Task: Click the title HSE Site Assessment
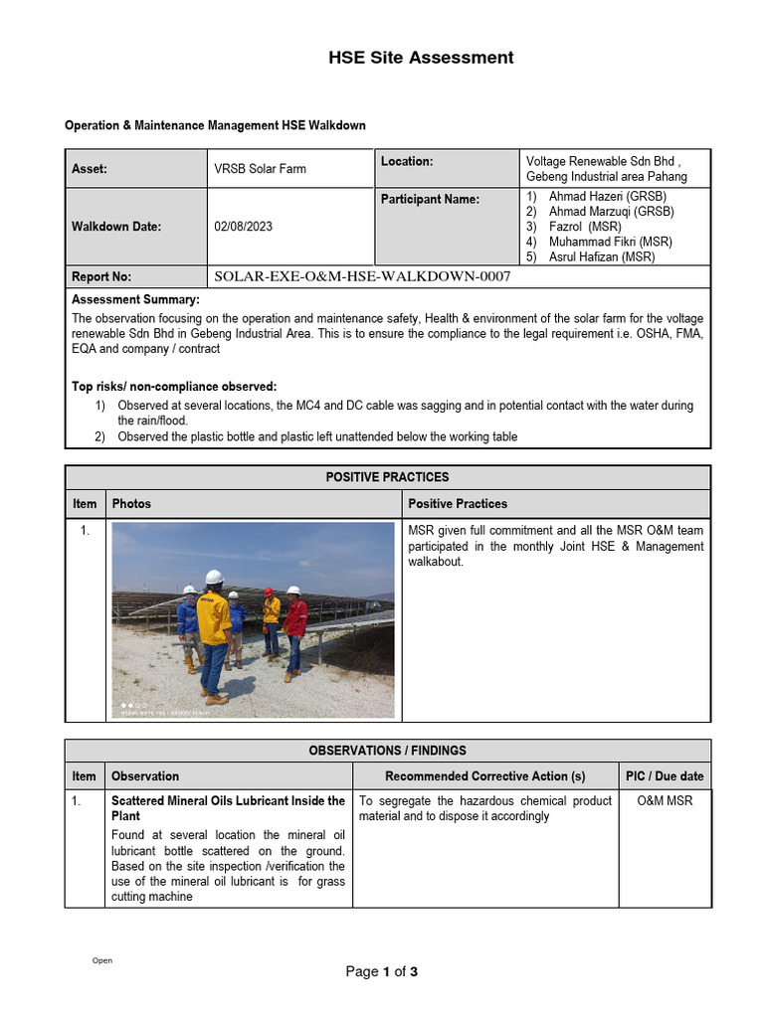pos(421,58)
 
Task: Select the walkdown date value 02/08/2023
pos(243,227)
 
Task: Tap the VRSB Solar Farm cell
pos(260,169)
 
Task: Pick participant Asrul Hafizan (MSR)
pos(602,256)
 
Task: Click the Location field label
pos(407,161)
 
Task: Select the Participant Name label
pos(430,199)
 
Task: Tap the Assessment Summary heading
pos(135,299)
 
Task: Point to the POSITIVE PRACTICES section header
pos(388,477)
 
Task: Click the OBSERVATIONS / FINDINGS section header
pos(388,751)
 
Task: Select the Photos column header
pos(131,504)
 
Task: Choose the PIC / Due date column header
pos(664,776)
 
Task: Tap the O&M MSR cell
pos(665,801)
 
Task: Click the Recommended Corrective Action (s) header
pos(485,776)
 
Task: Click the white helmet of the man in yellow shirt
pos(213,577)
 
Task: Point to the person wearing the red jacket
pos(294,620)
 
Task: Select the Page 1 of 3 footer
pos(381,972)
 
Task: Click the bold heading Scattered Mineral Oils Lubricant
pos(228,801)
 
